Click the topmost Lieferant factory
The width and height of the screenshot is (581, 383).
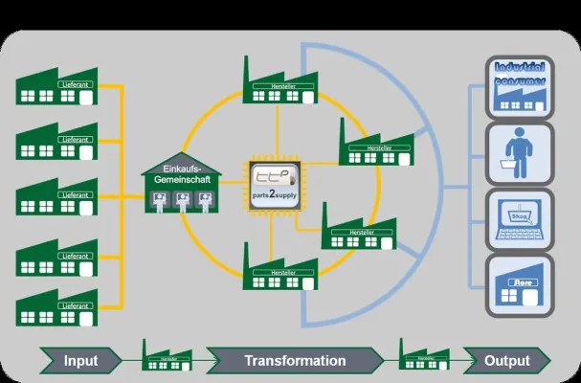pyautogui.click(x=57, y=87)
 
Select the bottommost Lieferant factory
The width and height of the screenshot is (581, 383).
pyautogui.click(x=57, y=306)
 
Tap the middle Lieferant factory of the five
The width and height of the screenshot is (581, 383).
pyautogui.click(x=57, y=197)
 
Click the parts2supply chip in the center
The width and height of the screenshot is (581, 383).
pyautogui.click(x=277, y=181)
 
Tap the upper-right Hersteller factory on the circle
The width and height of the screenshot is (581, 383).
pyautogui.click(x=380, y=144)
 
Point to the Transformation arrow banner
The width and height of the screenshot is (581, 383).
pyautogui.click(x=295, y=361)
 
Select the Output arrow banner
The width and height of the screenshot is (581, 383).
pyautogui.click(x=506, y=361)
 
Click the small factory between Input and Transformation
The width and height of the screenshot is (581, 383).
pyautogui.click(x=165, y=356)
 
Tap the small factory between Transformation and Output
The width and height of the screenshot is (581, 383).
pyautogui.click(x=423, y=356)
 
